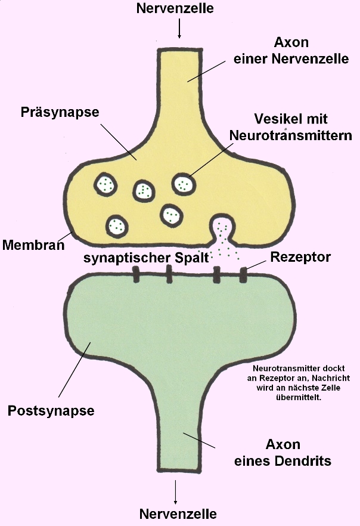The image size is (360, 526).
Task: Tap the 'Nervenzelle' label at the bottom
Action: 178,513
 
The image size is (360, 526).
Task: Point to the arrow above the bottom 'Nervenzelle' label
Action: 176,490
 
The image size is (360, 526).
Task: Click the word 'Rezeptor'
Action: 300,257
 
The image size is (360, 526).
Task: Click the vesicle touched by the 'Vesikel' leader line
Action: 184,184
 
